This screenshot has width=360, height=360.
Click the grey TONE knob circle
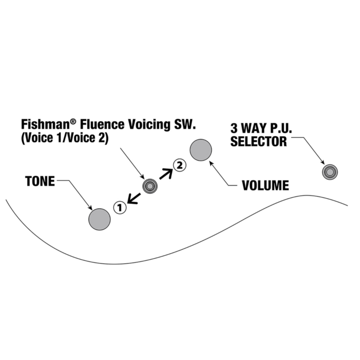tap(100, 218)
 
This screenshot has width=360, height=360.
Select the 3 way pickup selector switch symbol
tap(330, 172)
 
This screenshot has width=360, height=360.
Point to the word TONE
tap(40, 181)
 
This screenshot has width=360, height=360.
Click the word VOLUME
tap(265, 186)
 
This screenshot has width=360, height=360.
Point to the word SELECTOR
tap(259, 141)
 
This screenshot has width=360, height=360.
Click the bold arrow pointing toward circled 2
tap(166, 173)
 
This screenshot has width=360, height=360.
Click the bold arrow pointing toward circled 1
tap(133, 197)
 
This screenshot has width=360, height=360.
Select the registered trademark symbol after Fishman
tap(69, 120)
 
